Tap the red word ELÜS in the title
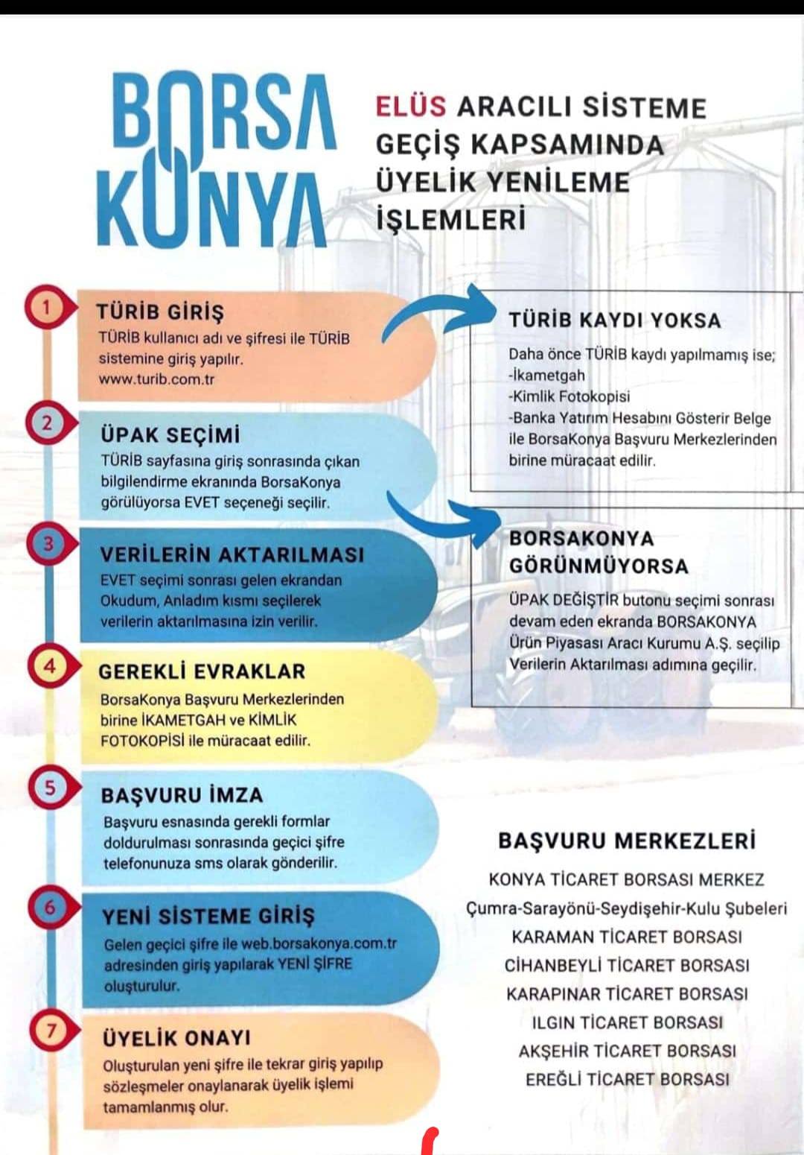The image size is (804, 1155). click(x=410, y=106)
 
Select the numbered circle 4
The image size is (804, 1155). click(x=49, y=665)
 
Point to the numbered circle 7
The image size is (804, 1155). click(x=51, y=1031)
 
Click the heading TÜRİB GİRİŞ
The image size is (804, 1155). click(x=160, y=311)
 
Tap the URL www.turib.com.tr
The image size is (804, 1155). click(x=156, y=379)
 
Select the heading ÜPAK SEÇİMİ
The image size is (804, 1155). click(x=170, y=434)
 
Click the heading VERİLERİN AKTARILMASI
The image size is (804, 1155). click(x=232, y=554)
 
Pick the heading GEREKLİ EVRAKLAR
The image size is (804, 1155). click(x=202, y=671)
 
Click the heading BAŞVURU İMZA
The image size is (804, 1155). click(x=182, y=795)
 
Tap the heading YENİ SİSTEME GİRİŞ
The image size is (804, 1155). click(x=208, y=916)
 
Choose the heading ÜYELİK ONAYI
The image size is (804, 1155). click(x=176, y=1038)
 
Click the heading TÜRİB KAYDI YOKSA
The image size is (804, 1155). click(x=615, y=320)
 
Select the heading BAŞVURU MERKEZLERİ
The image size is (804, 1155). click(x=627, y=841)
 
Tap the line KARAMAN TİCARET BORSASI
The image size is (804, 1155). click(x=627, y=937)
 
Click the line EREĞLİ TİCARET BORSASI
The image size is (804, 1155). click(x=627, y=1079)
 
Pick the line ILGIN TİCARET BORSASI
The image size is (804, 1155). click(x=627, y=1022)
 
